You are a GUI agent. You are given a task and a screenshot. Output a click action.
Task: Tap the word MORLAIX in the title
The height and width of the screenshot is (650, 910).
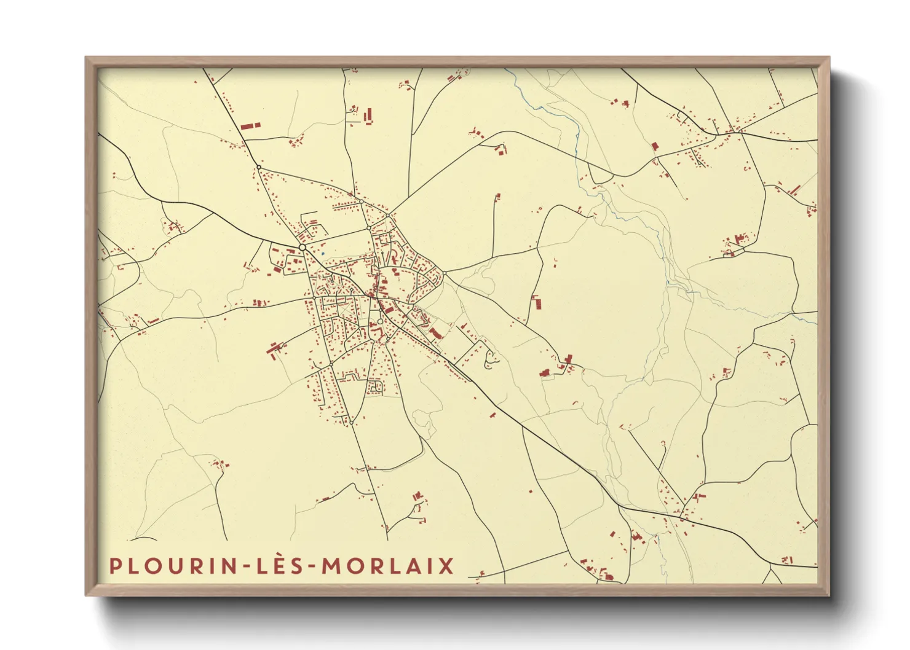pyautogui.click(x=388, y=566)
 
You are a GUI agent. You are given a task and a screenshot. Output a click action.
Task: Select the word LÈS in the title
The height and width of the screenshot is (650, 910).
pyautogui.click(x=280, y=565)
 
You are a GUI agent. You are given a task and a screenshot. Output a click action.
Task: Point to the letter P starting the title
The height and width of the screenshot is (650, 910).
pyautogui.click(x=114, y=566)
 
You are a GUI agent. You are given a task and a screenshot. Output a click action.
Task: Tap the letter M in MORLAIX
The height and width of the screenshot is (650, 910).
pyautogui.click(x=332, y=566)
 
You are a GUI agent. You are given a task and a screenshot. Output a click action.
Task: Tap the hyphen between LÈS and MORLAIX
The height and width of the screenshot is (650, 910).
pyautogui.click(x=314, y=566)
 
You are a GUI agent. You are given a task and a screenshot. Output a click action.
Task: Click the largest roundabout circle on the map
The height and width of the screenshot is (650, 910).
pyautogui.click(x=302, y=247)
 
